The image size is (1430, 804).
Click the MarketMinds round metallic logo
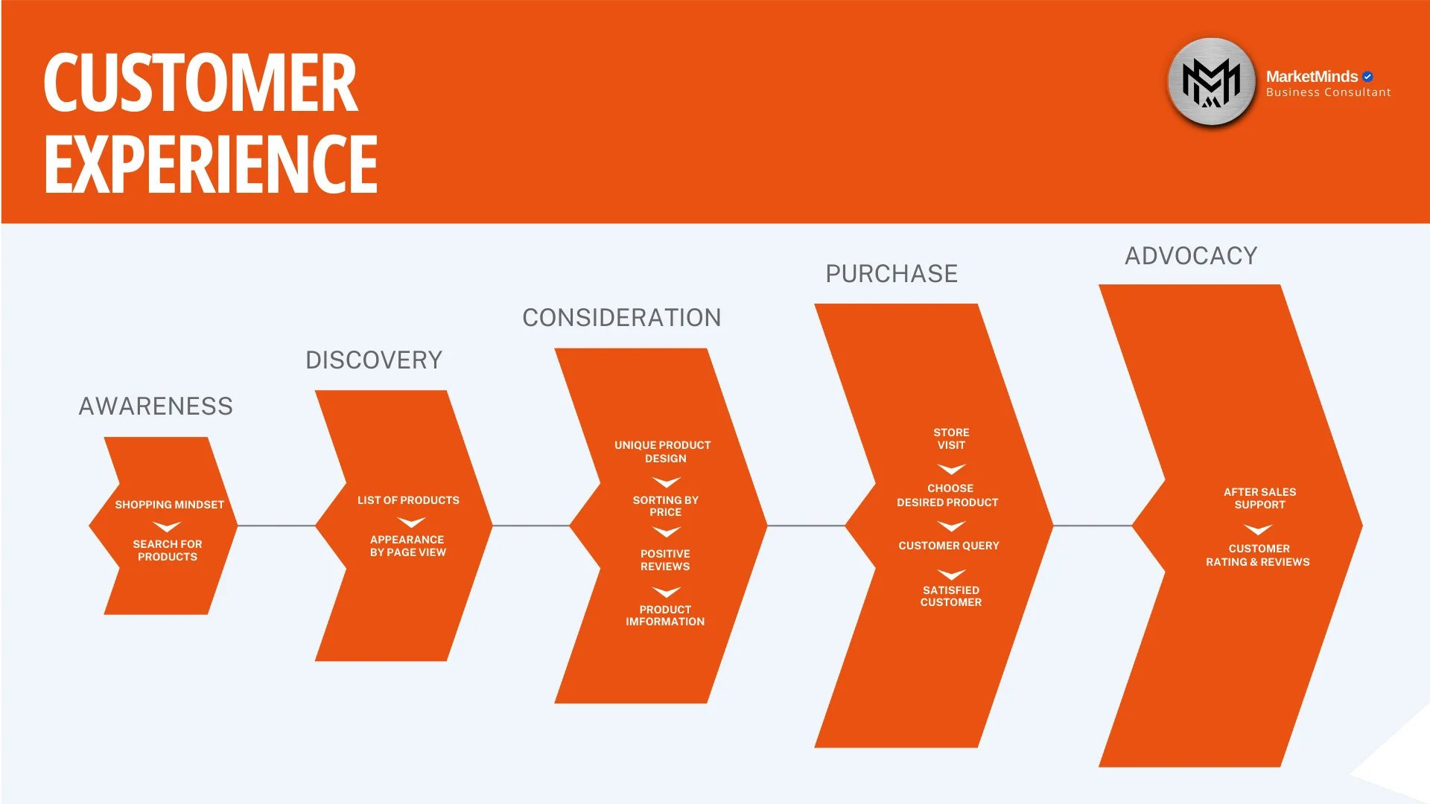[1212, 82]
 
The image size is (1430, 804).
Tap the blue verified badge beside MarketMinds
[1367, 77]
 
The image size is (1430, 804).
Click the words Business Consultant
[1328, 92]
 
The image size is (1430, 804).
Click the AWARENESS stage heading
[156, 406]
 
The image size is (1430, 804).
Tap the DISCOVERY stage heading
[374, 360]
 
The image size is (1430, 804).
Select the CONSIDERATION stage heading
[621, 318]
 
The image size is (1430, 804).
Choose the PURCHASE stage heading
[892, 274]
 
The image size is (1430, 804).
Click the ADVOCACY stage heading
[1191, 256]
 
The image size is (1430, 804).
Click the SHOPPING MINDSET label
[169, 505]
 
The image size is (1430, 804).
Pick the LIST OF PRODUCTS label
[408, 500]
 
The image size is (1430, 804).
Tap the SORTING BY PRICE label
[665, 506]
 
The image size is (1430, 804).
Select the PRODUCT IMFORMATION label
[665, 616]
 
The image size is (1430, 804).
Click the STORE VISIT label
[951, 438]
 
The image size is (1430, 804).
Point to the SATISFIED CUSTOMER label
[951, 596]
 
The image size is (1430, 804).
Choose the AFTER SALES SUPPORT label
[1259, 498]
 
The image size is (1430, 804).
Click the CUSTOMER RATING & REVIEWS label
[1258, 555]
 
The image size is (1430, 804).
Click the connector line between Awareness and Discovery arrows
[276, 526]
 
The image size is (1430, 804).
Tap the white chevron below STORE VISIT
[951, 469]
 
